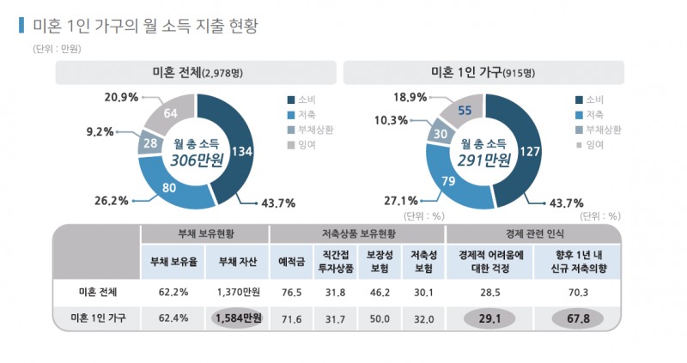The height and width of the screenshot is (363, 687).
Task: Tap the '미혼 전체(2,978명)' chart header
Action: pyautogui.click(x=197, y=72)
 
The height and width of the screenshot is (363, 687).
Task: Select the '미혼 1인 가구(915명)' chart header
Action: pyautogui.click(x=484, y=72)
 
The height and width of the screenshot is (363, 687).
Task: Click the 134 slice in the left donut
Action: pyautogui.click(x=240, y=151)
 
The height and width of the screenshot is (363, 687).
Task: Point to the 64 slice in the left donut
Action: pyautogui.click(x=171, y=113)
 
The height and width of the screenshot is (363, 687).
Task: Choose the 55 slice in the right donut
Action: pyautogui.click(x=464, y=110)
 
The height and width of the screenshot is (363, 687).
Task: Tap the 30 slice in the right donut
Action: pyautogui.click(x=440, y=135)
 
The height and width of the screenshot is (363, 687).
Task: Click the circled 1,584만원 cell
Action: pyautogui.click(x=236, y=318)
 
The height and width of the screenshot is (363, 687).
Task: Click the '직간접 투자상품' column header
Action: pyautogui.click(x=329, y=261)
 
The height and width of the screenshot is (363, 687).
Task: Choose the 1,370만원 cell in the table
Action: pyautogui.click(x=236, y=292)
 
